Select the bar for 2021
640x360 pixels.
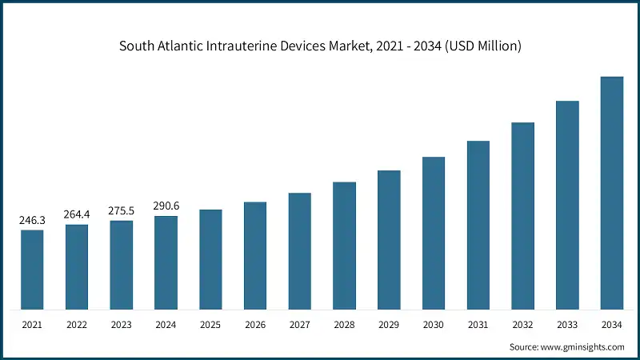point(32,270)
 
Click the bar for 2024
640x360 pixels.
point(166,262)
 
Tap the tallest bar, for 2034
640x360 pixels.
point(612,193)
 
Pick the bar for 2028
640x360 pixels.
point(345,246)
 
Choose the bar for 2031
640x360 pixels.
point(478,225)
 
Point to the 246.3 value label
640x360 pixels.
point(32,219)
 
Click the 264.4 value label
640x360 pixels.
point(77,214)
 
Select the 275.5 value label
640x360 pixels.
point(122,210)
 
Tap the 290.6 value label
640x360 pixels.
point(166,206)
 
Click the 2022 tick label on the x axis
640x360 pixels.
point(77,326)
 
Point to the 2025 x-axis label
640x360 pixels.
point(210,326)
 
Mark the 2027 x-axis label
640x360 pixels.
point(300,326)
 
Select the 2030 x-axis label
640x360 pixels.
point(434,326)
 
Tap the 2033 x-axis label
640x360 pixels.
point(567,326)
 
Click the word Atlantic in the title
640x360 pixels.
point(186,46)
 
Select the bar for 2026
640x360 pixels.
point(255,255)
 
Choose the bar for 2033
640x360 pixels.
point(567,205)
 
